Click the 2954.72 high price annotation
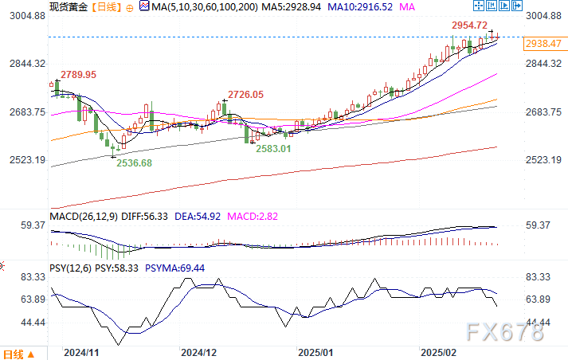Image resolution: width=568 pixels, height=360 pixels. (470, 25)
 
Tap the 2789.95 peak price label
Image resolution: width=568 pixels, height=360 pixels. (78, 74)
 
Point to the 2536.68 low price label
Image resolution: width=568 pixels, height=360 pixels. (134, 162)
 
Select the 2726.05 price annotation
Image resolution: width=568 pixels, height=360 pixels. (246, 94)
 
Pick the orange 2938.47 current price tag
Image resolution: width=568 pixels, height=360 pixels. (544, 44)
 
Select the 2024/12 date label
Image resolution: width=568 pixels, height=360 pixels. (199, 351)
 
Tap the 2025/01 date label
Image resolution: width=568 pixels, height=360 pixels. (316, 351)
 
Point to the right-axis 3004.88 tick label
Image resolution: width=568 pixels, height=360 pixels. (544, 16)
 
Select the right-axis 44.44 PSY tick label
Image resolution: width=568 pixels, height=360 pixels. (539, 322)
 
